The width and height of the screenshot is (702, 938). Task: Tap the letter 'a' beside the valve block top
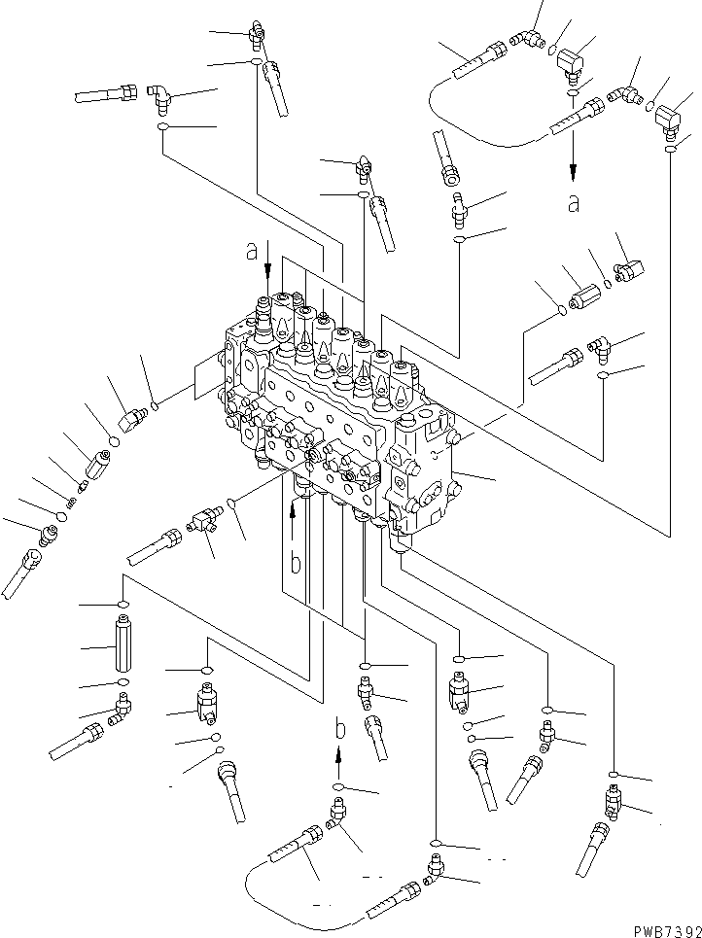[252, 253]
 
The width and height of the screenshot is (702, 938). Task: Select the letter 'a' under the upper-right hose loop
[574, 203]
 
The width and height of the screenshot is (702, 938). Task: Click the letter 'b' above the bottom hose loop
[338, 727]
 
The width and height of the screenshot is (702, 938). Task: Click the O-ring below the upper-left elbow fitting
[164, 128]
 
